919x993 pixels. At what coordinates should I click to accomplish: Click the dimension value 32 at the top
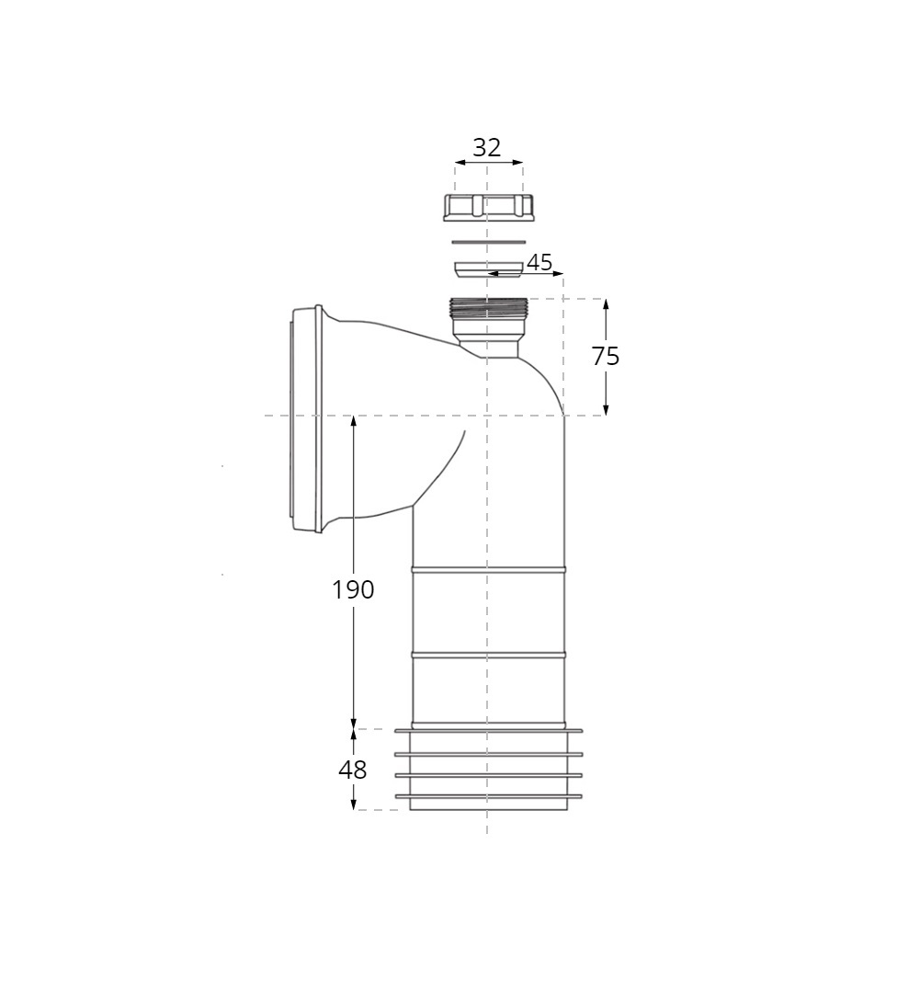[x=487, y=147]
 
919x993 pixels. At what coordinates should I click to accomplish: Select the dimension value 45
[x=539, y=263]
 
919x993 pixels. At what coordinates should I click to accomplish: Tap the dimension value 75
[x=606, y=357]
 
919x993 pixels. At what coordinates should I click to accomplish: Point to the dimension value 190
[x=353, y=590]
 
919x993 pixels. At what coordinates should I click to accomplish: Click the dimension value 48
[x=353, y=770]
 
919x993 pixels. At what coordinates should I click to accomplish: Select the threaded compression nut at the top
[x=488, y=207]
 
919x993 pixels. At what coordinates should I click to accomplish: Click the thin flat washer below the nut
[x=488, y=242]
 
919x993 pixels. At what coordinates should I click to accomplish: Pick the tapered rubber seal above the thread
[x=488, y=268]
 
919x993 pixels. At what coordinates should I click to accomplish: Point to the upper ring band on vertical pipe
[x=488, y=570]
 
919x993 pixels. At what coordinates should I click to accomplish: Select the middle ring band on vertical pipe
[x=488, y=655]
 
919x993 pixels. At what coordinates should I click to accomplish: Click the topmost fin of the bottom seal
[x=488, y=731]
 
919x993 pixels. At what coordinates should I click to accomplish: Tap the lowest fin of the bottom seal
[x=488, y=796]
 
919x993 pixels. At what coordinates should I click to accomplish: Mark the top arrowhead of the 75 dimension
[x=606, y=304]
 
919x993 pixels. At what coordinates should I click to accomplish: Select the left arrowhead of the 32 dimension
[x=459, y=163]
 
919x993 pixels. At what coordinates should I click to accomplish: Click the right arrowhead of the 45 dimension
[x=558, y=273]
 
